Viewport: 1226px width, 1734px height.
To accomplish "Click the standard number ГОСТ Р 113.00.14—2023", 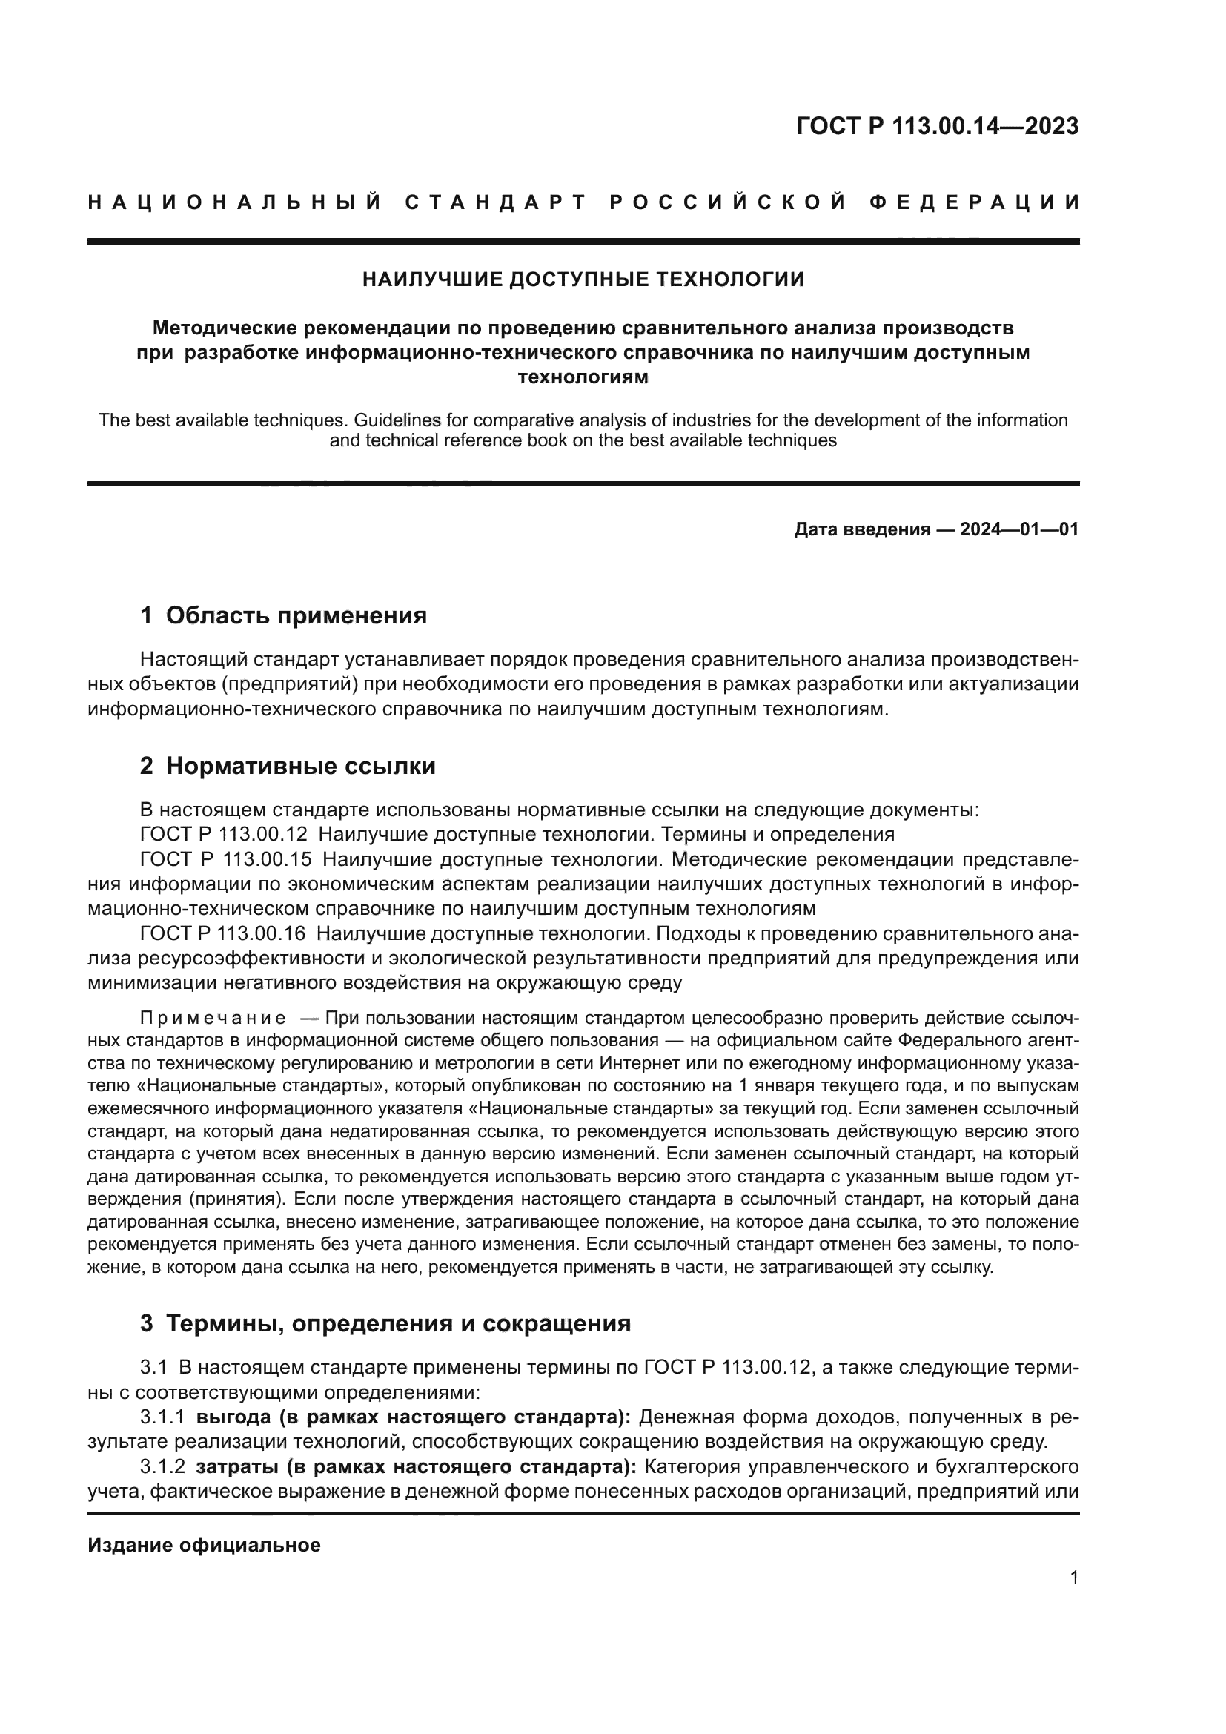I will coord(937,127).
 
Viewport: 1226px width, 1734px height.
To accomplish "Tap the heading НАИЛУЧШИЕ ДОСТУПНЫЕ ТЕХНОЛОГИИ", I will coord(583,280).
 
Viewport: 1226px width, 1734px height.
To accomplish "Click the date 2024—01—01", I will coord(1019,529).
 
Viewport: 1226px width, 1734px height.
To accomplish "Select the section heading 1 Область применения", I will coord(283,615).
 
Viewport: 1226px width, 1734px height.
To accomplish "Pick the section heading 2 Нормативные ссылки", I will coord(288,767).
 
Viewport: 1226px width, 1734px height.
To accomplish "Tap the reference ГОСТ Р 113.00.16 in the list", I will coord(222,934).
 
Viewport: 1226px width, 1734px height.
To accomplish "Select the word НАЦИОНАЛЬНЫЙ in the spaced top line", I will coord(235,202).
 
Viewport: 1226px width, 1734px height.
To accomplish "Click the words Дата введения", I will coord(861,529).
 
